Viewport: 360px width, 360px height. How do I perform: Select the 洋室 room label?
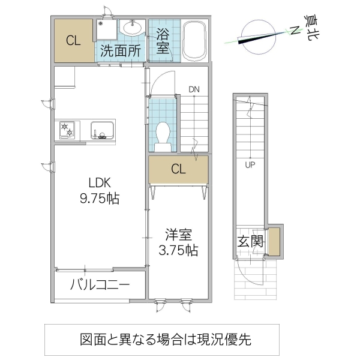(x=178, y=234)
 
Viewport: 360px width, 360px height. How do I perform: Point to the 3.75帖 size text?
(x=178, y=250)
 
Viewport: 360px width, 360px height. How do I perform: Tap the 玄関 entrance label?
(x=250, y=242)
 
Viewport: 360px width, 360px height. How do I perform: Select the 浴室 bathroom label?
(x=163, y=41)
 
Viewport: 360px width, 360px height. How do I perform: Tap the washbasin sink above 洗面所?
(x=131, y=28)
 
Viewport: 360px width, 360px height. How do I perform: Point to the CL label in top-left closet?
(x=73, y=41)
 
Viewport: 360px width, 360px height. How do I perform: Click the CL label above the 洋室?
(x=178, y=169)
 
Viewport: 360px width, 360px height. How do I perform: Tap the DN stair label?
(x=193, y=89)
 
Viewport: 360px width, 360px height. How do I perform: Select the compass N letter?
(x=295, y=31)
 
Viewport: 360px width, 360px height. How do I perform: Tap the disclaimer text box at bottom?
(x=162, y=339)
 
